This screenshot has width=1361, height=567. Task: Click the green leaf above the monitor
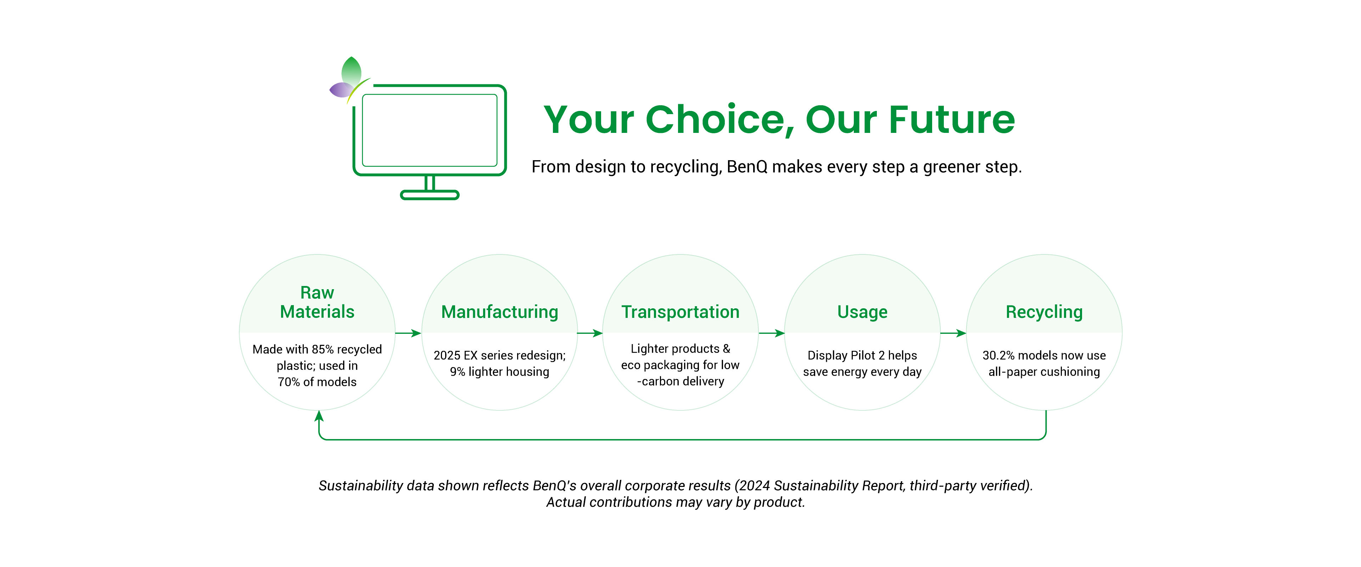pyautogui.click(x=351, y=70)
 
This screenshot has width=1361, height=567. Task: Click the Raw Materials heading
pyautogui.click(x=317, y=302)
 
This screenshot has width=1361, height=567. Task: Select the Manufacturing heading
pyautogui.click(x=499, y=312)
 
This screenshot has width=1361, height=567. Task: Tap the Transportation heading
pyautogui.click(x=680, y=312)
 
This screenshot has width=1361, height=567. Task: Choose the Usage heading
pyautogui.click(x=862, y=312)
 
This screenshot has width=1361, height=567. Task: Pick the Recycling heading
pyautogui.click(x=1044, y=312)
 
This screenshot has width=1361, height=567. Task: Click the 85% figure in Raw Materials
pyautogui.click(x=322, y=349)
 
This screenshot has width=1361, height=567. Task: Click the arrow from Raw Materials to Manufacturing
pyautogui.click(x=408, y=333)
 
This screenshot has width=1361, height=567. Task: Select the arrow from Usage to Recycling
pyautogui.click(x=953, y=333)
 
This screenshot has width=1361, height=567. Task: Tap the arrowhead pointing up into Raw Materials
pyautogui.click(x=319, y=416)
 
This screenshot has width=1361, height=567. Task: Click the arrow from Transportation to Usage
pyautogui.click(x=771, y=333)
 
